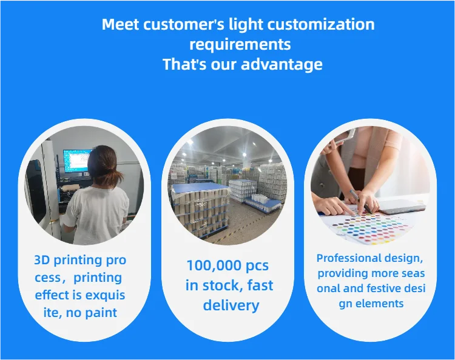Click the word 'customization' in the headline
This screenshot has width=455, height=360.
[321, 24]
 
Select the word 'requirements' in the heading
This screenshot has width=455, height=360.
[240, 45]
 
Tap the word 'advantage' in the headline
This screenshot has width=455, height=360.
[281, 64]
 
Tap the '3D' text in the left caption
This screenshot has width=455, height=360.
[42, 260]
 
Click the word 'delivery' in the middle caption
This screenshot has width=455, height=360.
[231, 305]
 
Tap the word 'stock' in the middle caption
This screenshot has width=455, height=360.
[221, 285]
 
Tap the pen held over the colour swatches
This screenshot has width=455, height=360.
[361, 202]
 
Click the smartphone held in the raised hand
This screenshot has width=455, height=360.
[347, 136]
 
